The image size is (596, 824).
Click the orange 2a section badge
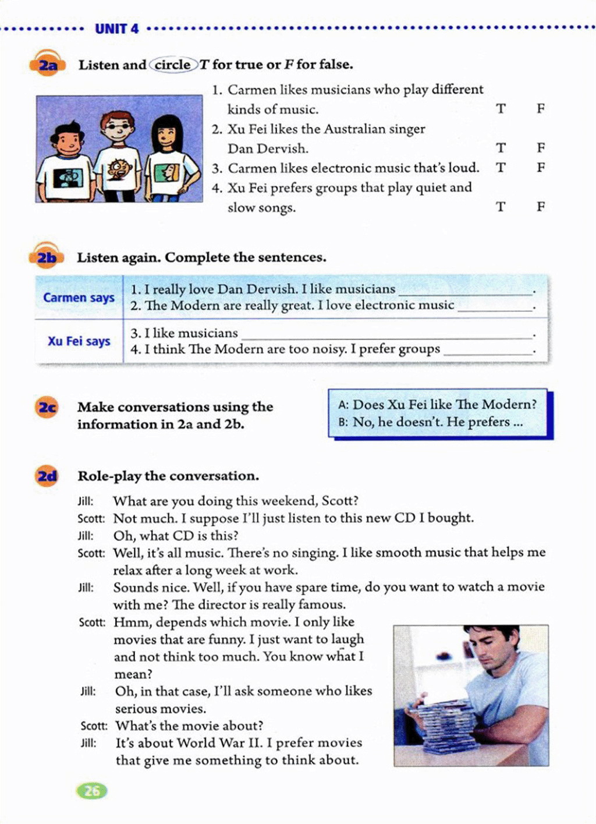47,65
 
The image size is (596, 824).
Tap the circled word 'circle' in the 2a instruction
172,65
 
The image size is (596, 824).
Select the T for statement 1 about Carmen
501,109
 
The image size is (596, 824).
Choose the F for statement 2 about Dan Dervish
541,148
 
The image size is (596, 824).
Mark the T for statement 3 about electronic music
501,168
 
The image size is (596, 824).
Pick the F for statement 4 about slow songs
541,207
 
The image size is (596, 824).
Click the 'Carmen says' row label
79,298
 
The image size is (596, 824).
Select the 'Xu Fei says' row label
79,341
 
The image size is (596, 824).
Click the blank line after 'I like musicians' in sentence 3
387,334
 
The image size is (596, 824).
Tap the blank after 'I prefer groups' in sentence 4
488,350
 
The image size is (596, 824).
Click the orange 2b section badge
46,257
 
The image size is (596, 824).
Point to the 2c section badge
47,407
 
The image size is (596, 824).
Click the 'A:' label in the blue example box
343,405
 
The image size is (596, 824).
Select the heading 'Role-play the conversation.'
168,476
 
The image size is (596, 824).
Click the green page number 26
92,790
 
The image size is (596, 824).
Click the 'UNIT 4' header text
116,29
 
